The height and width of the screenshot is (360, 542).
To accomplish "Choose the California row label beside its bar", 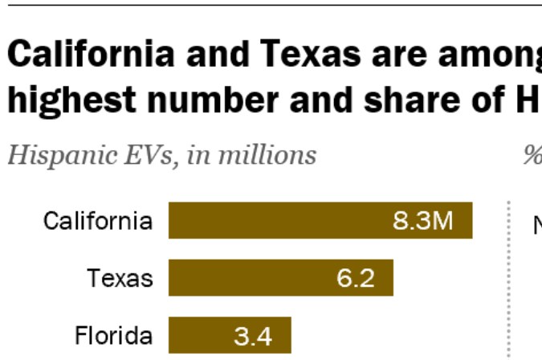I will point(97,221).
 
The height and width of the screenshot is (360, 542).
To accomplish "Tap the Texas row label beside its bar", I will point(120,278).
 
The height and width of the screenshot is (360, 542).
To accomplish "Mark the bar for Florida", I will point(201,335).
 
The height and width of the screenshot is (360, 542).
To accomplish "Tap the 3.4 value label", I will point(253,335).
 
